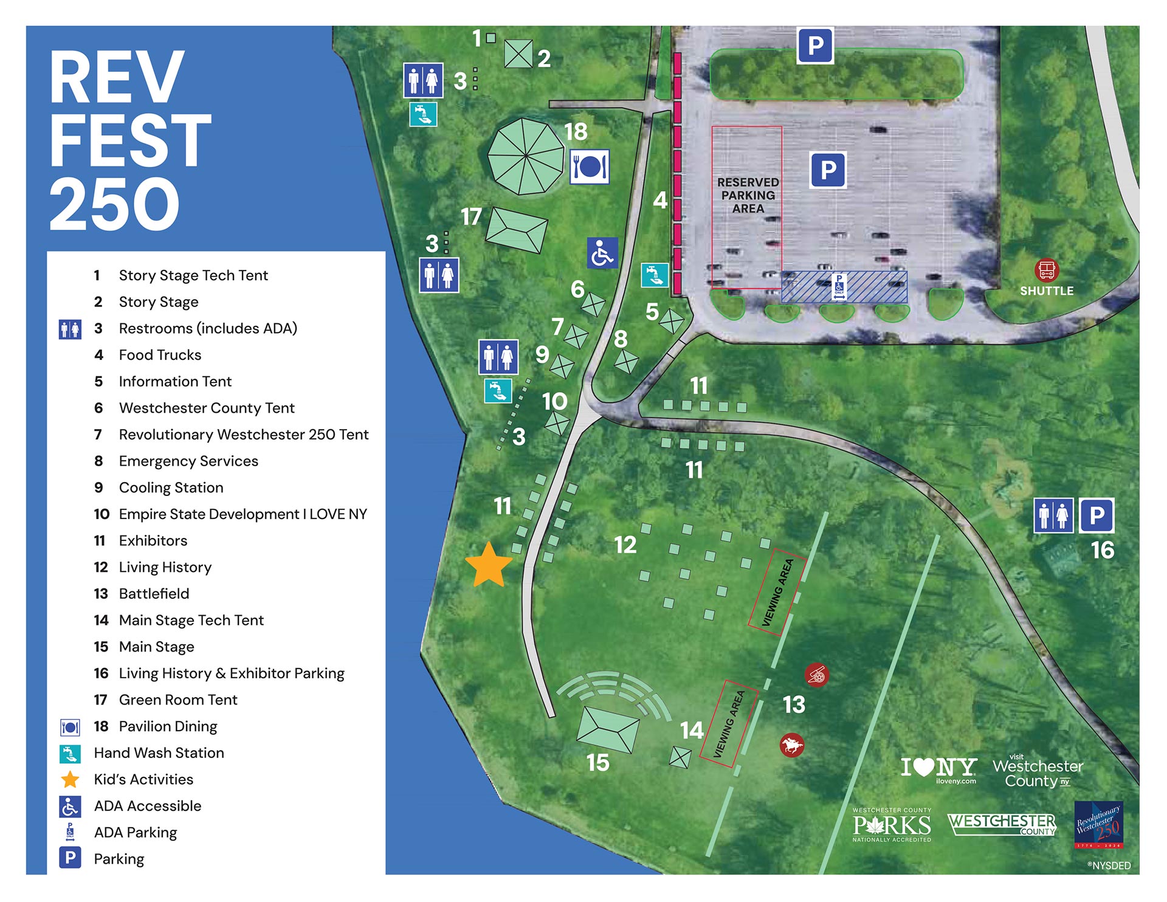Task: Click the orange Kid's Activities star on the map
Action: click(489, 566)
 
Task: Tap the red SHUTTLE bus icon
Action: click(1046, 270)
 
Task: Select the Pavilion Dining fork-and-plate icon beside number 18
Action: click(590, 167)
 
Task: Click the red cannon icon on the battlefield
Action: click(816, 674)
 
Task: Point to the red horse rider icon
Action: click(791, 744)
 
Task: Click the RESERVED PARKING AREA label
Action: click(748, 195)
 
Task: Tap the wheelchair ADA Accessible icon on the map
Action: click(602, 253)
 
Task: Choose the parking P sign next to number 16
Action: click(1096, 515)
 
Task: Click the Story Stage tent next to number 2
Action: click(518, 53)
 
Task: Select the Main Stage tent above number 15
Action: click(607, 729)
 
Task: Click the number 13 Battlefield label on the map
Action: click(794, 704)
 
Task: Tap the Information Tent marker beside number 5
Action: click(672, 320)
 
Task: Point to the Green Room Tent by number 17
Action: click(517, 230)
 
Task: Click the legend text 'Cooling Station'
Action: click(171, 487)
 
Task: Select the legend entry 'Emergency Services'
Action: click(188, 461)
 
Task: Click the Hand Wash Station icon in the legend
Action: click(70, 753)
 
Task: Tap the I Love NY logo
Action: click(938, 769)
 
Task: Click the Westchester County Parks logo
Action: click(892, 825)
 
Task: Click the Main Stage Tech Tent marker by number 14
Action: click(680, 757)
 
